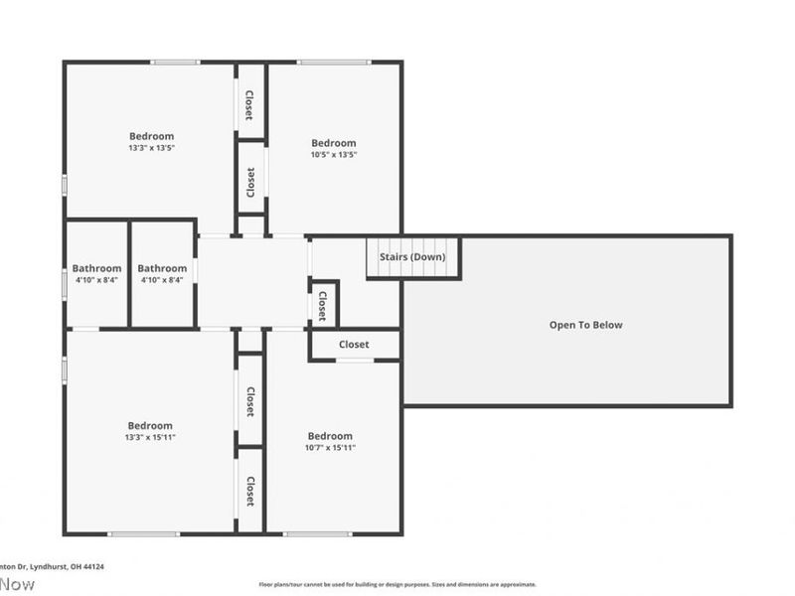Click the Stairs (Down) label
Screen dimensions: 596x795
(x=412, y=257)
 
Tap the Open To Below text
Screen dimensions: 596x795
(x=586, y=325)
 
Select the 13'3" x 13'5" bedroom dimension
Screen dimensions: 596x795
(x=151, y=148)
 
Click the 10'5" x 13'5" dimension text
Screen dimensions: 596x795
(x=334, y=154)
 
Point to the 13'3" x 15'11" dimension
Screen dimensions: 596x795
(x=150, y=437)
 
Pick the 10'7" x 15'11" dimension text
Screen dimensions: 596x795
(x=331, y=448)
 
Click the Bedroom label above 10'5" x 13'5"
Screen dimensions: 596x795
(x=334, y=142)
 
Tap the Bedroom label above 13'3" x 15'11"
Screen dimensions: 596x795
(x=150, y=425)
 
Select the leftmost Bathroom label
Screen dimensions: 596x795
(x=96, y=268)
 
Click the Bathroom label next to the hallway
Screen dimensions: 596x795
(x=162, y=268)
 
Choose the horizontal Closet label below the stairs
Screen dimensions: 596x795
(x=354, y=345)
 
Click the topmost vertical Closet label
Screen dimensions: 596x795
(x=249, y=104)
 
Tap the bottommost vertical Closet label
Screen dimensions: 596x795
(x=250, y=491)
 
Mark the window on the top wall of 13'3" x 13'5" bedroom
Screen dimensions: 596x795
(x=175, y=63)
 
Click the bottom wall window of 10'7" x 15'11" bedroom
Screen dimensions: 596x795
(x=317, y=534)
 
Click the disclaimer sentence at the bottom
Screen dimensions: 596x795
(x=397, y=585)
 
